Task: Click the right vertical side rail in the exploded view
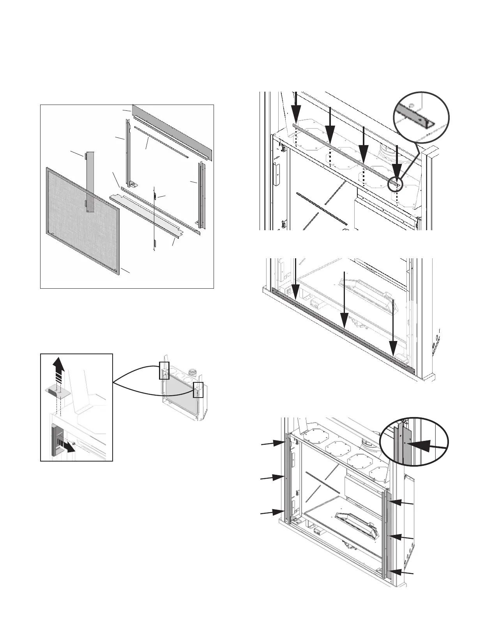click(201, 195)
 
